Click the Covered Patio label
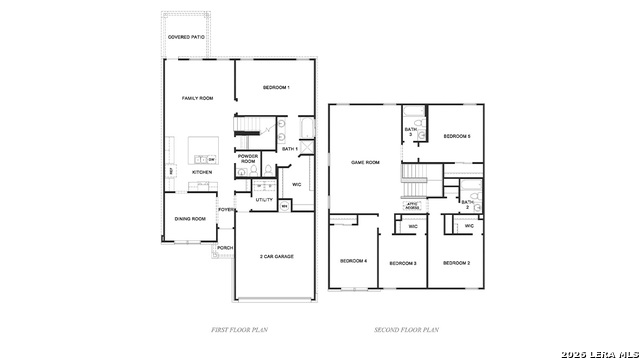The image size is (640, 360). pyautogui.click(x=187, y=37)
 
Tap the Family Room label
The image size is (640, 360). pyautogui.click(x=197, y=98)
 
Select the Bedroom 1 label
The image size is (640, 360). pyautogui.click(x=276, y=88)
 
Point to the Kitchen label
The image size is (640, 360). pyautogui.click(x=202, y=172)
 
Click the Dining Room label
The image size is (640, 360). pyautogui.click(x=191, y=218)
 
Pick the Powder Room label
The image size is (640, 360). pyautogui.click(x=248, y=158)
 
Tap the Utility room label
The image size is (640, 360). pyautogui.click(x=264, y=200)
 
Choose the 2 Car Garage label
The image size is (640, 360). pyautogui.click(x=276, y=257)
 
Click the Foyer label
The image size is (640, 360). pyautogui.click(x=227, y=210)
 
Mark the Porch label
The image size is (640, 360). pyautogui.click(x=225, y=247)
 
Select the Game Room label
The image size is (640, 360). pyautogui.click(x=365, y=162)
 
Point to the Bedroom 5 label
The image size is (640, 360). pyautogui.click(x=457, y=136)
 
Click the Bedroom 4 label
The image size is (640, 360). pyautogui.click(x=353, y=261)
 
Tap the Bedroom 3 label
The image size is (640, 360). pyautogui.click(x=402, y=263)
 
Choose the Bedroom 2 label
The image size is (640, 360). pyautogui.click(x=456, y=262)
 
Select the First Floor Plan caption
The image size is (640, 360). pyautogui.click(x=239, y=329)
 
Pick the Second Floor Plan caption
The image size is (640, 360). pyautogui.click(x=406, y=329)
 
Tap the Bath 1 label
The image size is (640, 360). pyautogui.click(x=290, y=148)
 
